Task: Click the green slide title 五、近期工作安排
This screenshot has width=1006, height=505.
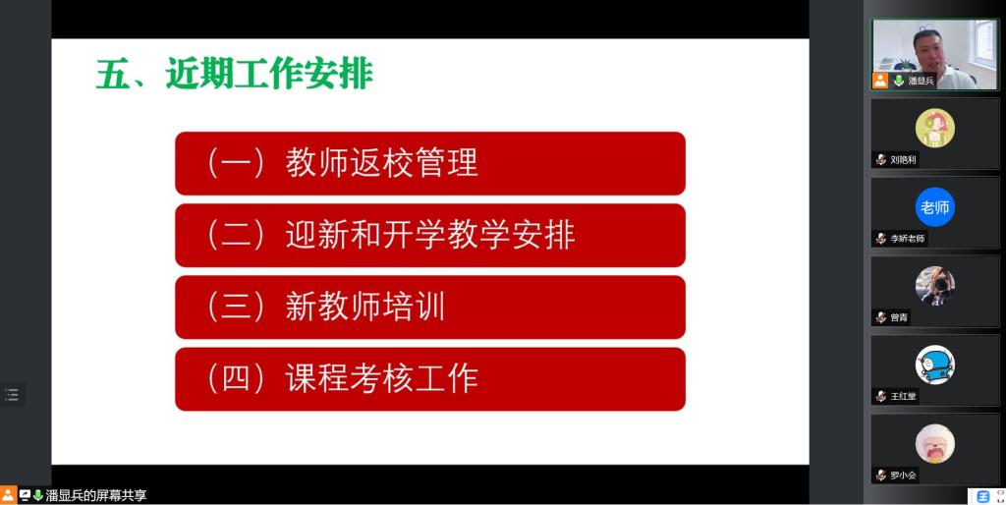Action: tap(234, 75)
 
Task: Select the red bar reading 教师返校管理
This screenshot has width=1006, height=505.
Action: tap(430, 163)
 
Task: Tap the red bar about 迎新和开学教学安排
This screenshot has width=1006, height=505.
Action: tap(430, 235)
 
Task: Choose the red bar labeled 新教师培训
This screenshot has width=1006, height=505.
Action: tap(430, 307)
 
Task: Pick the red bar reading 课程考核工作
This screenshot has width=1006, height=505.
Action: tap(430, 378)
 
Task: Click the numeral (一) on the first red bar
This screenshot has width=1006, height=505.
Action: tap(235, 163)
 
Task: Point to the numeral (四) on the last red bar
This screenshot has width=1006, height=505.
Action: tap(235, 378)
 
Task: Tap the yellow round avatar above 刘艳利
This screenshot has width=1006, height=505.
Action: tap(935, 129)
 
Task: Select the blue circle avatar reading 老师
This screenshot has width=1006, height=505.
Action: tap(935, 207)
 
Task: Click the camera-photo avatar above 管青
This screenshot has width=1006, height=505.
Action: tap(935, 286)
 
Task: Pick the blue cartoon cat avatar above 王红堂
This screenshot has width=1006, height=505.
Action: tap(935, 365)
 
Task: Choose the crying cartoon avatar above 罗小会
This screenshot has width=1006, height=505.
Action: tap(935, 444)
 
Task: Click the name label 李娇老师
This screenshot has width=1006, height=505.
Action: tap(907, 239)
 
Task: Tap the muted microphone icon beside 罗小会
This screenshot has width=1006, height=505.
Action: tap(881, 476)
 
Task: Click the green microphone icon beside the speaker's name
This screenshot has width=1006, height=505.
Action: tap(898, 81)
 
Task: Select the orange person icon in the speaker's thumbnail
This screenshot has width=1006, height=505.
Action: tap(880, 81)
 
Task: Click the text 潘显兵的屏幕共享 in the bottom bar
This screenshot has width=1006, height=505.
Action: tap(96, 495)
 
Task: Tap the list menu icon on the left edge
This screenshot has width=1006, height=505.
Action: tap(12, 395)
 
